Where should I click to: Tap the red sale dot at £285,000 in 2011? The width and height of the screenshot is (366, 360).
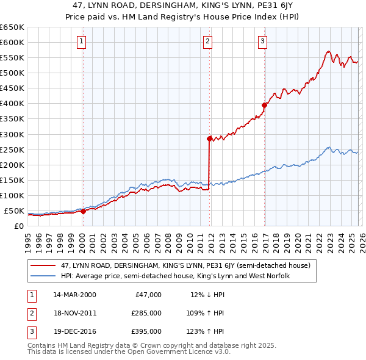tap(209, 139)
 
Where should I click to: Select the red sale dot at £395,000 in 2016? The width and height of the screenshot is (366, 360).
tap(264, 105)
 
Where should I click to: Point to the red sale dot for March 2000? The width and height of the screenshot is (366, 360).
tap(84, 211)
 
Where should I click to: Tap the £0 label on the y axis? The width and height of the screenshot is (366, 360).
tap(18, 226)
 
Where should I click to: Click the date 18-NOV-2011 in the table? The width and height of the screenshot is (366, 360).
tap(74, 312)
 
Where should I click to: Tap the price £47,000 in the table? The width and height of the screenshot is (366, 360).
tap(147, 294)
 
